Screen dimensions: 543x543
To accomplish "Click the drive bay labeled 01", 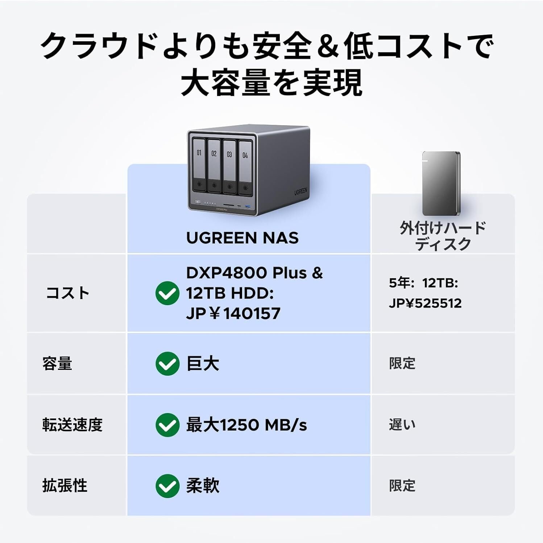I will (x=199, y=165).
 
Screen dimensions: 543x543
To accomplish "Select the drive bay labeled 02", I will (x=214, y=166).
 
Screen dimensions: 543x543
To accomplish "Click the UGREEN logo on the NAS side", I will (x=300, y=192).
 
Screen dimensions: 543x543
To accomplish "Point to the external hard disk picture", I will (x=441, y=184).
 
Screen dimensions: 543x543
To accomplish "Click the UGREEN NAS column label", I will (x=242, y=238).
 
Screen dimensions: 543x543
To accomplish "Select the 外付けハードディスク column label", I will (x=443, y=236).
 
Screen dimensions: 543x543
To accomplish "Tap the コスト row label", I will (x=67, y=293).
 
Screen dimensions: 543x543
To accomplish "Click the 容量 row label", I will (x=57, y=363).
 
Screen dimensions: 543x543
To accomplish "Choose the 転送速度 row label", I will (x=72, y=425).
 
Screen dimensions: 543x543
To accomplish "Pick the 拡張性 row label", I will (x=65, y=486).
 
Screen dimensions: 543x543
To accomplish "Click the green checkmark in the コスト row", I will (x=167, y=293).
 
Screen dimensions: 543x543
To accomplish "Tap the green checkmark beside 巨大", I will (x=167, y=363).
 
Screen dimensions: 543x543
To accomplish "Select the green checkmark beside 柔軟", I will (x=167, y=486).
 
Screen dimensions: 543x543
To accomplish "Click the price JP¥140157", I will (x=233, y=313).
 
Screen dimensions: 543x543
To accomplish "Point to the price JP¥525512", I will (x=425, y=303).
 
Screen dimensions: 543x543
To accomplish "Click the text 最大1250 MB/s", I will (x=246, y=425).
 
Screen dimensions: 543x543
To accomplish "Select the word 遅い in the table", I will (x=402, y=425).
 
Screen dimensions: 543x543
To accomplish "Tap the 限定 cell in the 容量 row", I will (x=402, y=363).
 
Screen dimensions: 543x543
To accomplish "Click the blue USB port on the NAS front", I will (x=248, y=206).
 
